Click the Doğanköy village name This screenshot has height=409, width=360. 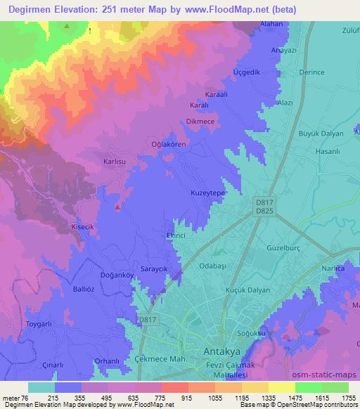(x=98, y=276)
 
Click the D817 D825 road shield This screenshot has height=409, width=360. (x=264, y=206)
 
